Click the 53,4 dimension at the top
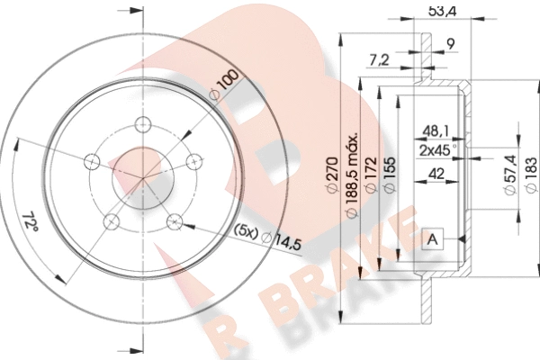[442, 12]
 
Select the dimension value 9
[451, 44]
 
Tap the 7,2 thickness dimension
[379, 60]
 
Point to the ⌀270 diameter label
[332, 175]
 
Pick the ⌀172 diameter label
[371, 175]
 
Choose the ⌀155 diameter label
[390, 175]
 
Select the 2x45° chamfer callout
[438, 150]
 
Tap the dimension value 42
[436, 174]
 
